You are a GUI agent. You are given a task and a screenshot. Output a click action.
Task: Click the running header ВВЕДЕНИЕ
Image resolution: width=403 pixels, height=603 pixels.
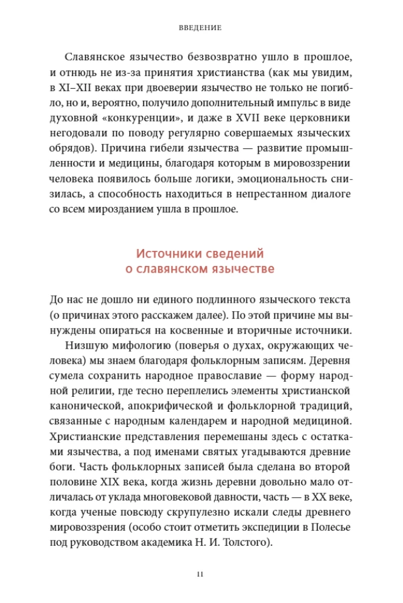pos(201,28)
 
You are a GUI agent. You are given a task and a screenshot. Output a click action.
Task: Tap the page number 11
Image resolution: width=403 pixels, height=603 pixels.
pos(201,573)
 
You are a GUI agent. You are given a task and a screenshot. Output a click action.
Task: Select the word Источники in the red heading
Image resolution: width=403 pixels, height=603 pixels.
pos(170,254)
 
